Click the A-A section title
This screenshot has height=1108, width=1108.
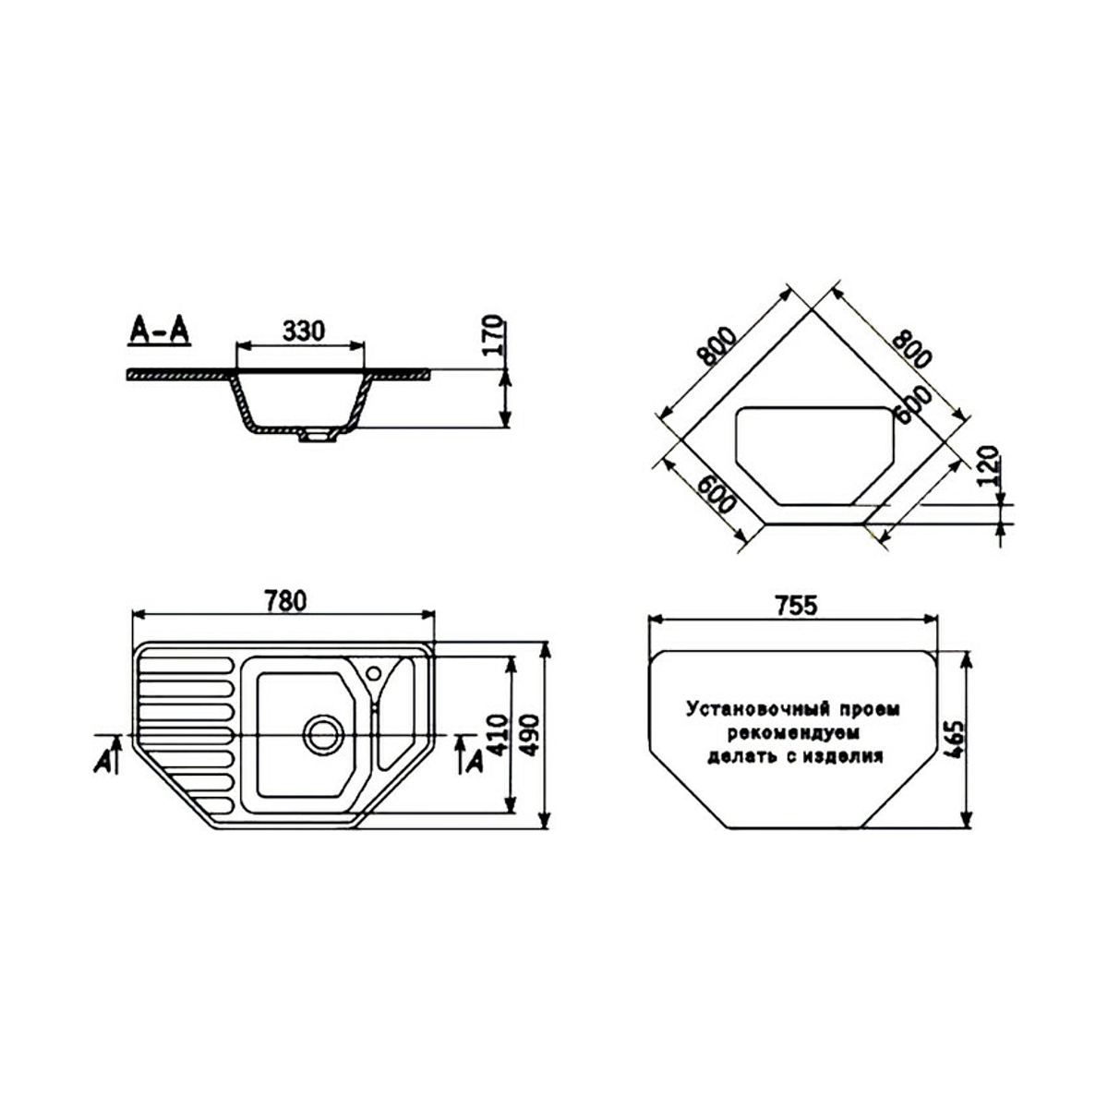click(x=159, y=331)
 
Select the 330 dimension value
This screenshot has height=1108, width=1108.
click(x=304, y=331)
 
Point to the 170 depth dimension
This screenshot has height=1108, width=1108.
click(x=493, y=334)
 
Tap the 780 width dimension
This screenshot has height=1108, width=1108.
click(x=285, y=601)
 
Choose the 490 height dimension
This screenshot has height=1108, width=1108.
click(x=529, y=735)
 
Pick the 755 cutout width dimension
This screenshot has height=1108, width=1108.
click(x=795, y=606)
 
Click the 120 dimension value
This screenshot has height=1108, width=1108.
click(x=988, y=465)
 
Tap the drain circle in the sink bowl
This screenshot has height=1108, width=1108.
click(x=323, y=735)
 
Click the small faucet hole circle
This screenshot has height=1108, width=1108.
click(x=374, y=673)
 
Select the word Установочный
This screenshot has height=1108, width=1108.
click(x=758, y=709)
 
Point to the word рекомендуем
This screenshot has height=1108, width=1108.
click(x=794, y=734)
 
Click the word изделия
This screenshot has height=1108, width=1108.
click(x=840, y=757)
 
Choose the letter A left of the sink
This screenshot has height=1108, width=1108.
click(x=103, y=762)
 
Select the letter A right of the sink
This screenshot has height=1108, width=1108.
click(x=475, y=763)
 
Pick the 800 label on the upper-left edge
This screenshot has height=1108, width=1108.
click(x=717, y=346)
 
